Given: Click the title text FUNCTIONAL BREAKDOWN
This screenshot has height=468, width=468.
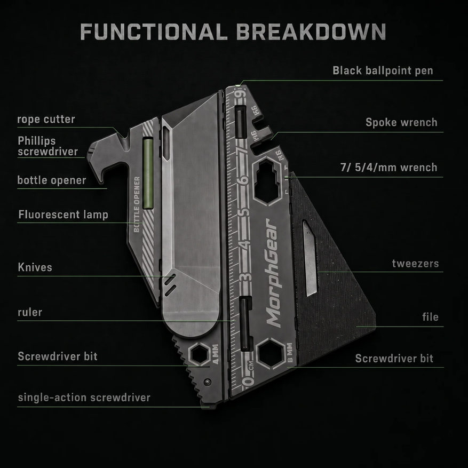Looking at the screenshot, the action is [x=233, y=31].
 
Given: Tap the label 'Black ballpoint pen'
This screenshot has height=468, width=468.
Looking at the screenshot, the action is [x=383, y=71].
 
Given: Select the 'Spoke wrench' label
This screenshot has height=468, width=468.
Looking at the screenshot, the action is [x=401, y=122].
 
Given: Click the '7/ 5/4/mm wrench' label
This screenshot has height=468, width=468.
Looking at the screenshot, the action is [x=389, y=168].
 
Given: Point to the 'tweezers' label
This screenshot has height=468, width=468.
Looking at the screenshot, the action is [x=415, y=264].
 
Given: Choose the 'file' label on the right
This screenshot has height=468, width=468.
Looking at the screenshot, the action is [x=431, y=316].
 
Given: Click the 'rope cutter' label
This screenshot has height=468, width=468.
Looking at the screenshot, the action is [x=46, y=119].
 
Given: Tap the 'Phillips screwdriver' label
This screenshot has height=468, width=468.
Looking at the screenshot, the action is [x=47, y=146].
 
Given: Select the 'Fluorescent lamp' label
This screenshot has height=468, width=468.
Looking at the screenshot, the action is [x=63, y=215].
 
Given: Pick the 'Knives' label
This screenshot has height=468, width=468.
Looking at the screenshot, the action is [x=35, y=267].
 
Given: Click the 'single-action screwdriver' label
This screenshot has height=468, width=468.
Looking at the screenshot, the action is [x=84, y=398].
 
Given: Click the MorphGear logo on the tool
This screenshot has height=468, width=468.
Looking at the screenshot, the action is [x=272, y=273].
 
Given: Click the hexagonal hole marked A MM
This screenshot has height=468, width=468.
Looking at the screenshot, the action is [x=199, y=354].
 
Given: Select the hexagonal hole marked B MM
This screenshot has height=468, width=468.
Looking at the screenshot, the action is [x=271, y=354].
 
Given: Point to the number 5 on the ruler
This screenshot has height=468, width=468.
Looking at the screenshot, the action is [x=245, y=212].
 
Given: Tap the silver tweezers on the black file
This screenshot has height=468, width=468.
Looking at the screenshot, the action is [x=310, y=258].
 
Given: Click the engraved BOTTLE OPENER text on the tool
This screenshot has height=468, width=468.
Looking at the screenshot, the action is [x=137, y=204].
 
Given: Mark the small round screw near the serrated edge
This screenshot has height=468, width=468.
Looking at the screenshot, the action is [x=208, y=382].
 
